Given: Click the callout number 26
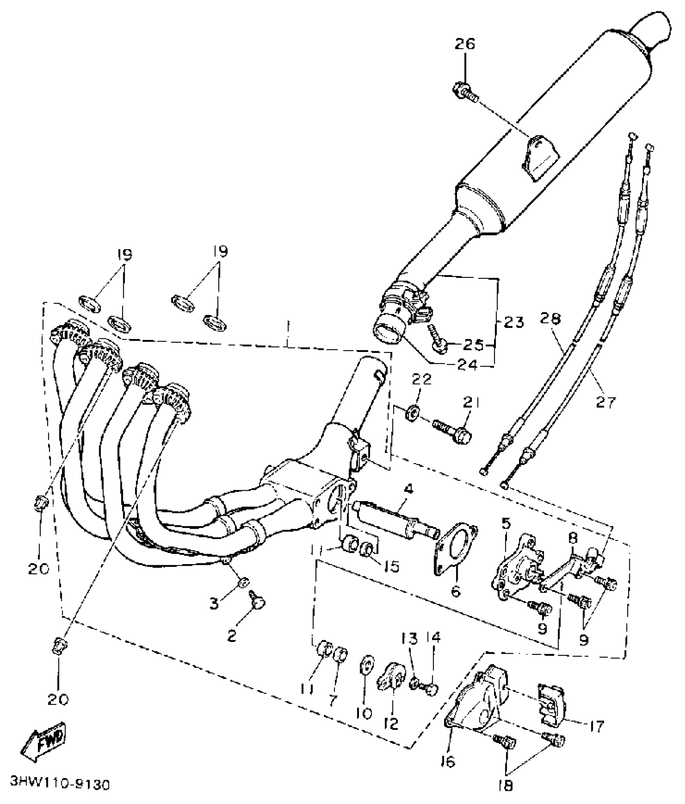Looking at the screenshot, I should point(465,44).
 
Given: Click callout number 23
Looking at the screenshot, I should point(513,323).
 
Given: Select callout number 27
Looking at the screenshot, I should point(606,401).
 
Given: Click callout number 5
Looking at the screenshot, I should point(506,523).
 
